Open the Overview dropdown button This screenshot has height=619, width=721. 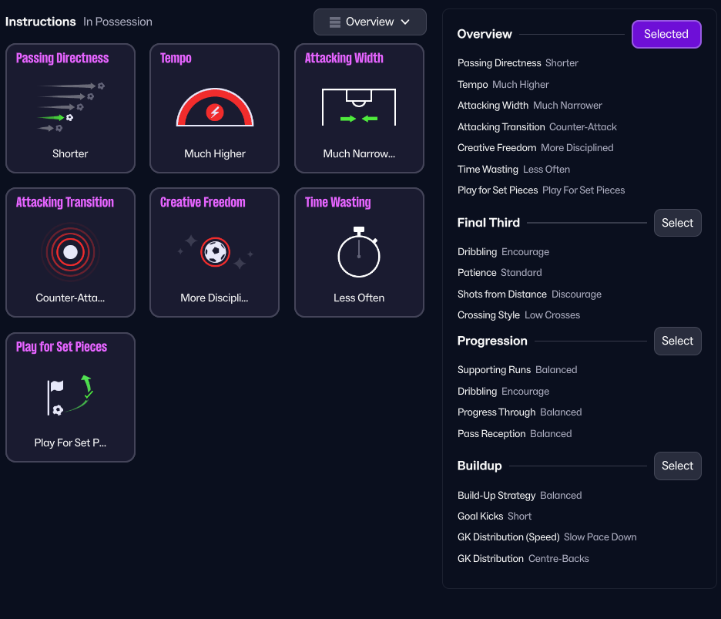(370, 22)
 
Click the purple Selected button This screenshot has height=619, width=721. (666, 34)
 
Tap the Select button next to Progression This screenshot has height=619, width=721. (677, 341)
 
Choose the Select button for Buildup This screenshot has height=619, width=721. (677, 466)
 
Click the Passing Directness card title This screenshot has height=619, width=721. (62, 58)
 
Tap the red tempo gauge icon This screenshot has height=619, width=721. (215, 109)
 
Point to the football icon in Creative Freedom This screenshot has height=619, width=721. (216, 251)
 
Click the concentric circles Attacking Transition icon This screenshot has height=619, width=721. (70, 252)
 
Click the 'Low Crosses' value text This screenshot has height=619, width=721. (552, 315)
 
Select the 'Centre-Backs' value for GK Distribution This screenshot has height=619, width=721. (558, 559)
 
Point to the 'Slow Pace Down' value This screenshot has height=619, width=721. (600, 537)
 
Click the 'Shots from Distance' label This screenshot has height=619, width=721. (502, 294)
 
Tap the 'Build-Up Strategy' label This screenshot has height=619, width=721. (496, 496)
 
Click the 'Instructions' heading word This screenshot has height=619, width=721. (41, 22)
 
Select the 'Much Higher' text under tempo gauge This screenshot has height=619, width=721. (215, 153)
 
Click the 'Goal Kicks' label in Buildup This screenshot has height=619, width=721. (480, 516)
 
